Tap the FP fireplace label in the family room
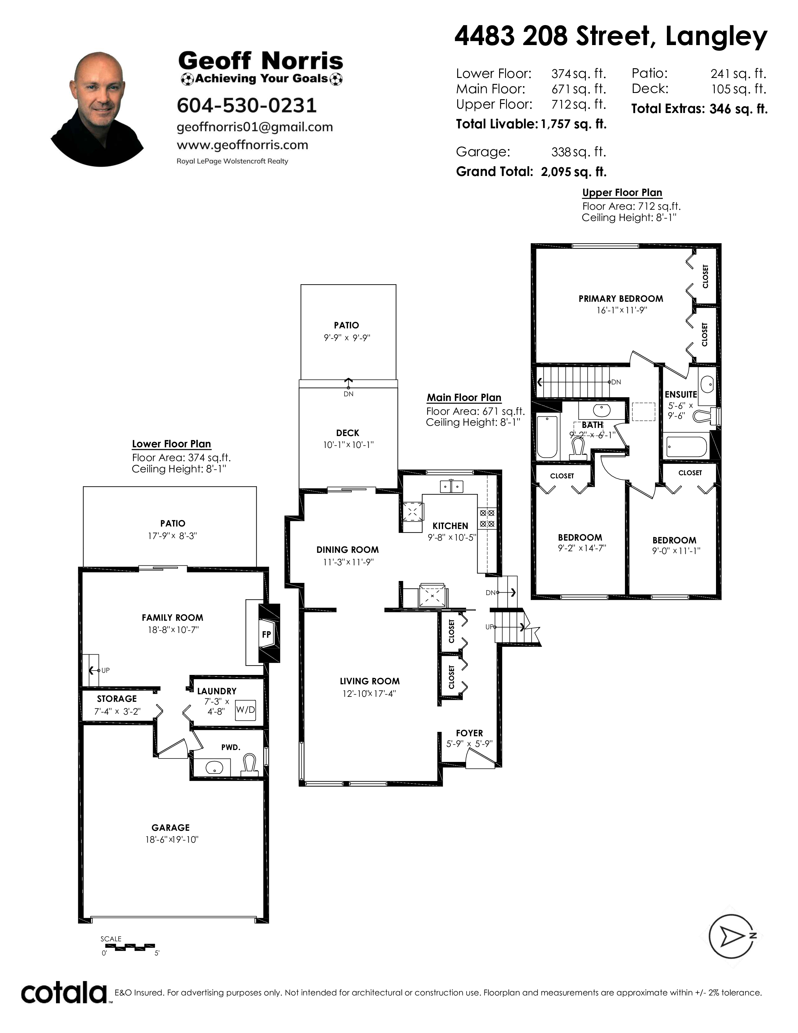[267, 634]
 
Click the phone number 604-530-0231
[246, 105]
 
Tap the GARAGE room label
[171, 828]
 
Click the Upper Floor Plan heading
[622, 193]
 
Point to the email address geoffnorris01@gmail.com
[255, 127]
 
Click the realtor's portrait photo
[97, 109]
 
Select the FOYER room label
[469, 733]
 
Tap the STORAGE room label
[117, 699]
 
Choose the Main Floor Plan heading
[464, 398]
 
